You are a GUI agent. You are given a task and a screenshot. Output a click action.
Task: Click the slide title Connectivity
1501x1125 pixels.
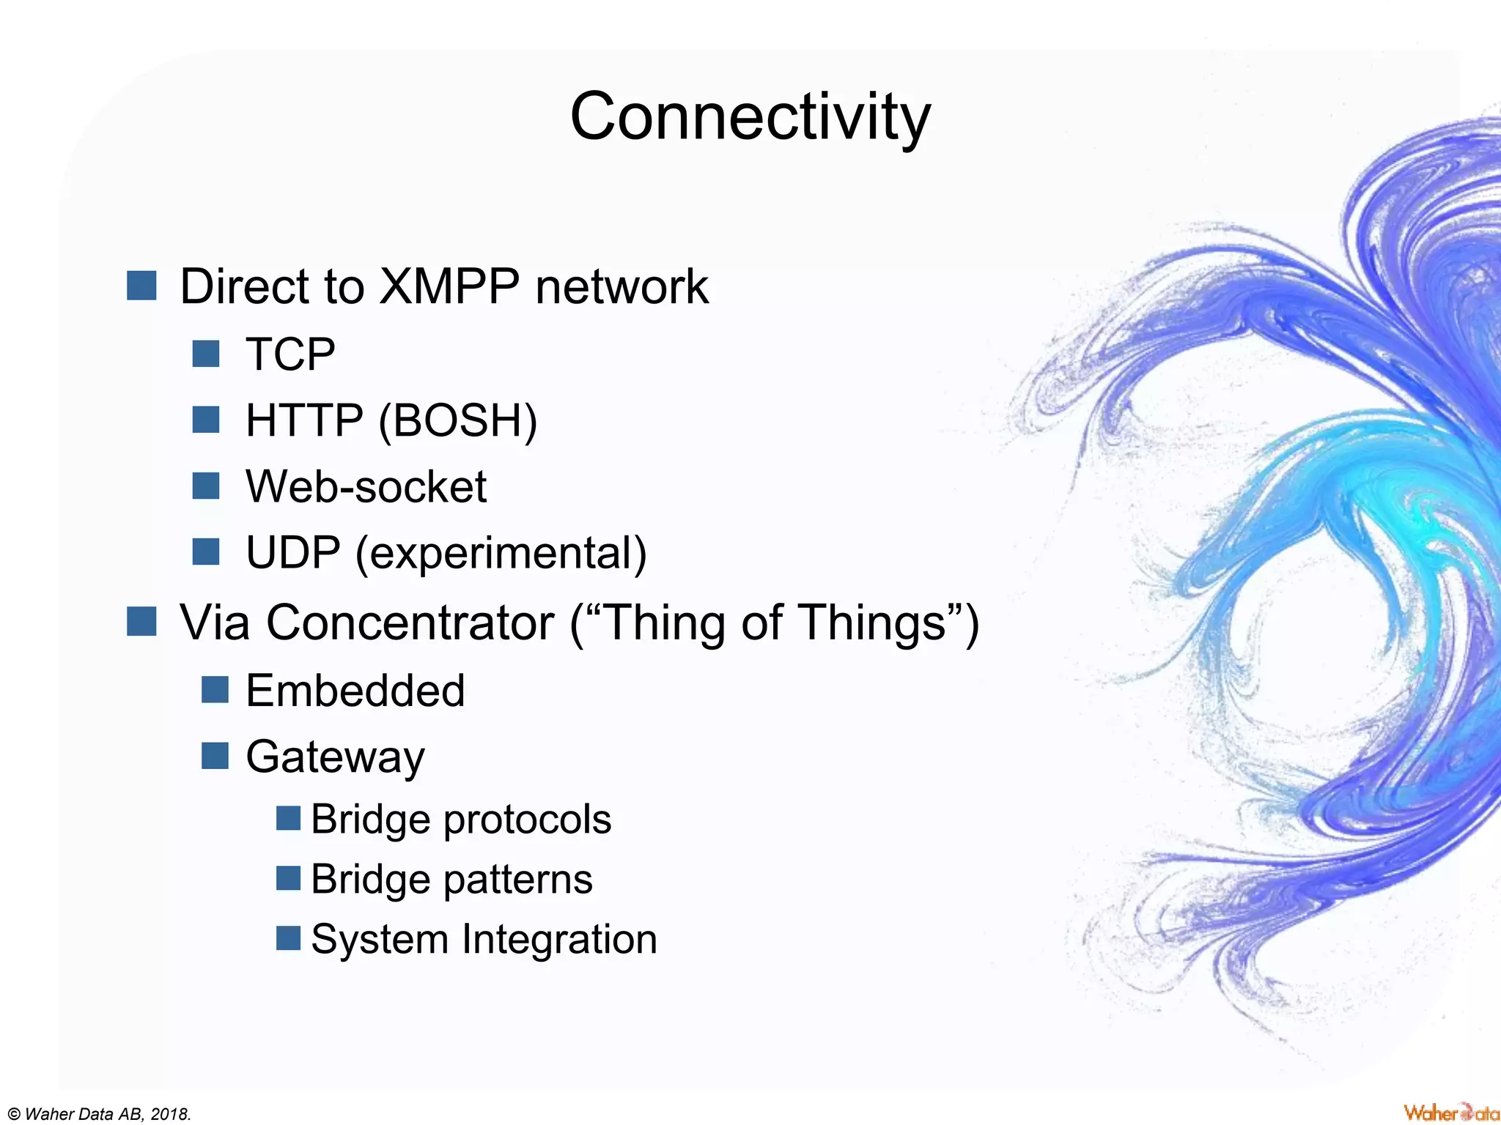(x=750, y=117)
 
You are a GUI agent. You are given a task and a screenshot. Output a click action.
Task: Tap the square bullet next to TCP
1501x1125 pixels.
(x=206, y=354)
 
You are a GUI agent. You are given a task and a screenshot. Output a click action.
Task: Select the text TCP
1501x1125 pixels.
(x=290, y=354)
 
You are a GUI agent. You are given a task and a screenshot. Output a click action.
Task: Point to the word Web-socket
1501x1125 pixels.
(x=366, y=486)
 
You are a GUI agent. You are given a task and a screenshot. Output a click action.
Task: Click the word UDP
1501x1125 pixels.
(x=292, y=552)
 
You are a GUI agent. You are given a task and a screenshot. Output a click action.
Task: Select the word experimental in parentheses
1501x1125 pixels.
(x=501, y=554)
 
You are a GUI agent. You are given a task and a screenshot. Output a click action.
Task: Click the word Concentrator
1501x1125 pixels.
(x=410, y=623)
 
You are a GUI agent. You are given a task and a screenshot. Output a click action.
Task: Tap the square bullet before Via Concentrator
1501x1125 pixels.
(x=141, y=622)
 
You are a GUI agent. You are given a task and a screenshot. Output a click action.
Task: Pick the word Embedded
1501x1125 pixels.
(x=355, y=691)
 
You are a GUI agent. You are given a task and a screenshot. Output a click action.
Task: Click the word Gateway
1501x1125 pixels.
(x=335, y=757)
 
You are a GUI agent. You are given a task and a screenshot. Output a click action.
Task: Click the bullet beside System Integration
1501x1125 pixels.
(x=288, y=938)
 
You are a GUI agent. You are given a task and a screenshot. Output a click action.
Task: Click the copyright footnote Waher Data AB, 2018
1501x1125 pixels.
(x=100, y=1114)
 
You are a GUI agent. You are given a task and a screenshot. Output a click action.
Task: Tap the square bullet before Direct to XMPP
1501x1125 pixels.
(x=141, y=286)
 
